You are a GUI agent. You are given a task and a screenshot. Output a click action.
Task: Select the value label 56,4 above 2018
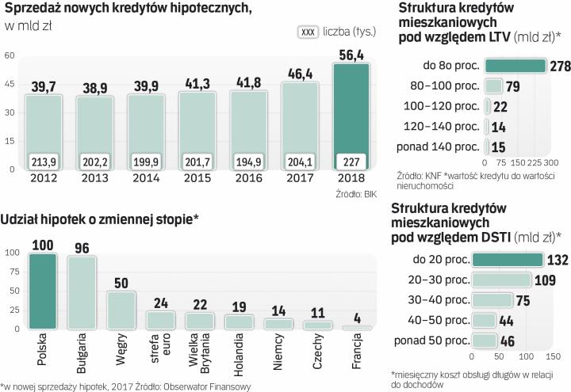click(351, 54)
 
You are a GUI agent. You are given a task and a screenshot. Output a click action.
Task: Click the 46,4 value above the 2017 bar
click(299, 76)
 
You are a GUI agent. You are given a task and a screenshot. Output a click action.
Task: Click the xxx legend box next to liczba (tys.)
click(308, 32)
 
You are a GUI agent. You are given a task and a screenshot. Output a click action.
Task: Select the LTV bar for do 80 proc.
click(515, 66)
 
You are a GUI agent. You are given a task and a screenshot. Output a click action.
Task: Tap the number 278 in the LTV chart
click(558, 66)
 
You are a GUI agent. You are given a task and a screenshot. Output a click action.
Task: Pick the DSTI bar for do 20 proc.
click(508, 259)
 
